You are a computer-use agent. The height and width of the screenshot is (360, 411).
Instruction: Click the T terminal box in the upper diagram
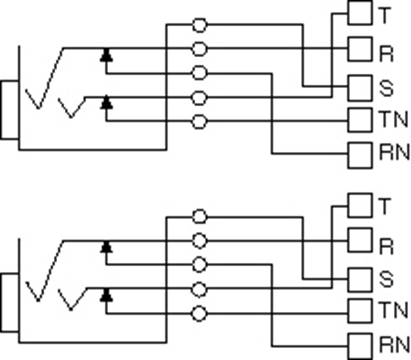pos(360,14)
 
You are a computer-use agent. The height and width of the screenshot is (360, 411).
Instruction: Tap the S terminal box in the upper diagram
pos(360,86)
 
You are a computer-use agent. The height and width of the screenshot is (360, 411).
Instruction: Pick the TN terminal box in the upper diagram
pos(360,120)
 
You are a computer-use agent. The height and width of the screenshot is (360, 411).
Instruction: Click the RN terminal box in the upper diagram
pos(360,155)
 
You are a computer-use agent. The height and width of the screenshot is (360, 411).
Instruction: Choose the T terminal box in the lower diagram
pos(360,205)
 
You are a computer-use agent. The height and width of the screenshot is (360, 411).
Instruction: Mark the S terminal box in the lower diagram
pos(360,278)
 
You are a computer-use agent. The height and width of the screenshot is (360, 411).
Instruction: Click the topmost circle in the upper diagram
pos(199,25)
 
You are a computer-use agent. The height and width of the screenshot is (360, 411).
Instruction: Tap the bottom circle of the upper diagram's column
pos(199,122)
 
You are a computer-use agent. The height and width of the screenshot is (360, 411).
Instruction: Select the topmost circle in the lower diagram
pos(199,217)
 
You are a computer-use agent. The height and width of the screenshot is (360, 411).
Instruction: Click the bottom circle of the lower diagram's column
pos(199,313)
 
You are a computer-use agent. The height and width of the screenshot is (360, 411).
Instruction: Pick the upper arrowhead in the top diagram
pos(107,54)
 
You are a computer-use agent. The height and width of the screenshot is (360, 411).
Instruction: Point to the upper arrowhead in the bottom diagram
pos(107,246)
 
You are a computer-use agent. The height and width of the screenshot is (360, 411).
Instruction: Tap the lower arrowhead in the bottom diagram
pos(107,294)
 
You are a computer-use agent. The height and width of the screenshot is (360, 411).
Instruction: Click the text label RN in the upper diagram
pos(394,155)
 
